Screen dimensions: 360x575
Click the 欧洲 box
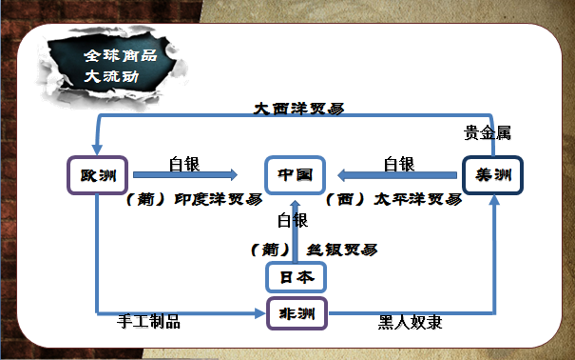point(99,175)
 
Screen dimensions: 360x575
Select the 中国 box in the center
point(296,175)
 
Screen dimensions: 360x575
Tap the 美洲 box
point(493,175)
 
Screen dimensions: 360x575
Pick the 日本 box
point(296,276)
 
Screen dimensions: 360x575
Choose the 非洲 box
point(296,312)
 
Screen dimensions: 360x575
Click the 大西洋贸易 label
point(298,109)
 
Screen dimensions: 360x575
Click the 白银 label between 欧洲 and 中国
point(184,164)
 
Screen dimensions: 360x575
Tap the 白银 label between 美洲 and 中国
point(399,164)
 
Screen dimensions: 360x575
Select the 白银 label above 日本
point(293,221)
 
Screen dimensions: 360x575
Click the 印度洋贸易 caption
point(194,200)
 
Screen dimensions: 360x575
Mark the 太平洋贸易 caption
point(393,200)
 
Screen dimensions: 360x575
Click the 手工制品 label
point(148,322)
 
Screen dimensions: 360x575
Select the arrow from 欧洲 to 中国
point(185,175)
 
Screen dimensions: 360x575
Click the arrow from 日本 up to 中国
point(296,233)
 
